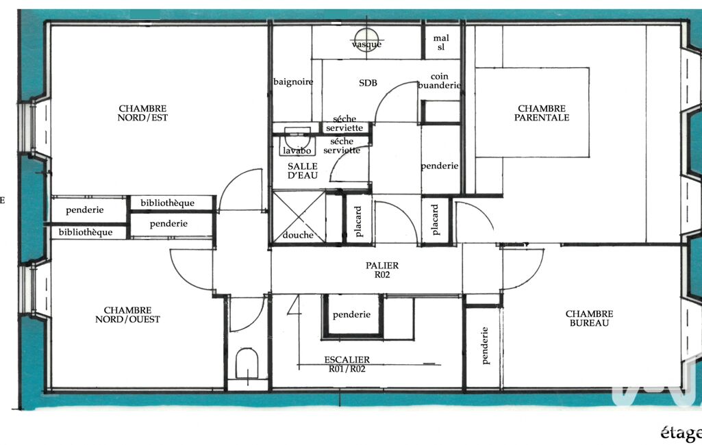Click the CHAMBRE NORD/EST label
[x=142, y=113]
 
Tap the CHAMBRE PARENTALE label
[x=542, y=113]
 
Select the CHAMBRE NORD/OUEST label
[x=127, y=315]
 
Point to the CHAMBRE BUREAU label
[x=589, y=318]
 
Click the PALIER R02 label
[x=382, y=270]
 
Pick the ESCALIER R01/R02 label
[x=347, y=364]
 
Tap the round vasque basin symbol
[x=366, y=40]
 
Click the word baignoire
[x=293, y=82]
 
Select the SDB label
[x=368, y=83]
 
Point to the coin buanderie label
[x=439, y=81]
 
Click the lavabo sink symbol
[x=297, y=142]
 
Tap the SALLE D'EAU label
[x=303, y=170]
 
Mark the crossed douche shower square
[x=299, y=217]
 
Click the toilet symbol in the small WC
[x=247, y=363]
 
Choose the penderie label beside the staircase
[x=351, y=315]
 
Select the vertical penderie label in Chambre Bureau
[x=484, y=345]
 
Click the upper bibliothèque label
[x=167, y=203]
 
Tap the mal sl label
[x=441, y=42]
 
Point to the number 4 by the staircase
[x=294, y=305]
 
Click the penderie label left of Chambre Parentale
[x=440, y=166]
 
